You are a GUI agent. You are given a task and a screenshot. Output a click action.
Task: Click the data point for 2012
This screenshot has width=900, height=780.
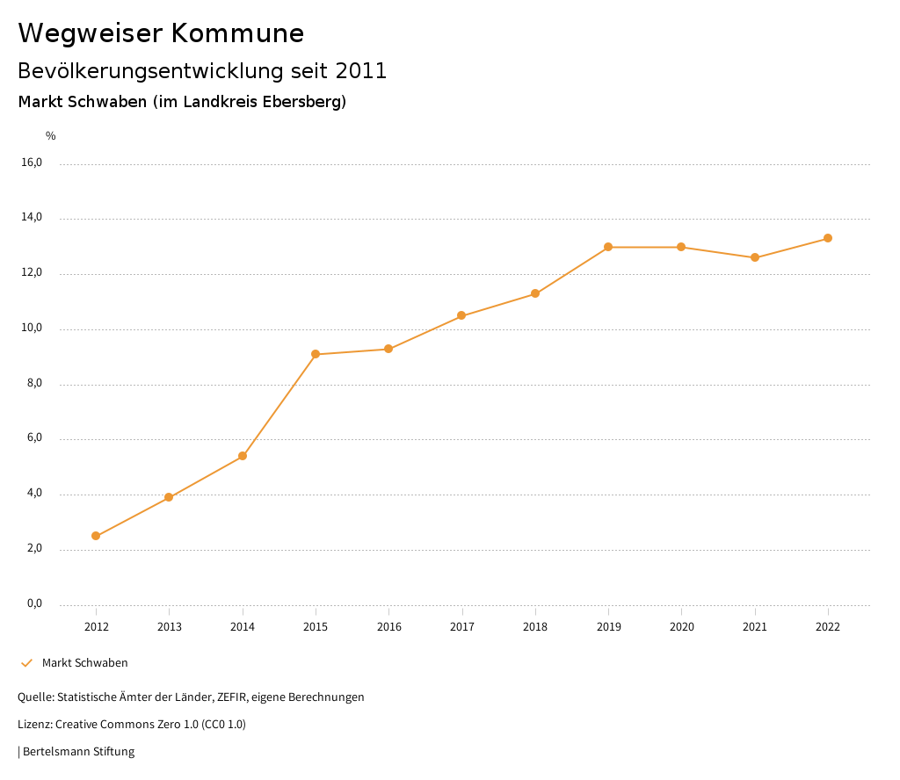point(96,536)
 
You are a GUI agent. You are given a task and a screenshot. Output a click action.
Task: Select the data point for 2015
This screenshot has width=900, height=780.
point(316,354)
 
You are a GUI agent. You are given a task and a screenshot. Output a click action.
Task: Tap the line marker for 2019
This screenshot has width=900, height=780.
point(608,247)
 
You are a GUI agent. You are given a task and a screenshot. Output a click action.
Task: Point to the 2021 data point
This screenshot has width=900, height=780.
point(755,257)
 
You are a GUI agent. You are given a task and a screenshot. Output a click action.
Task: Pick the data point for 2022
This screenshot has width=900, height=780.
point(828,238)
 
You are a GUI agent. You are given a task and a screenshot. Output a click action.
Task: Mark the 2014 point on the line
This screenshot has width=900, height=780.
point(243,456)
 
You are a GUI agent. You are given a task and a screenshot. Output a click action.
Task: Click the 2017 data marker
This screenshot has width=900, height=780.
point(461,315)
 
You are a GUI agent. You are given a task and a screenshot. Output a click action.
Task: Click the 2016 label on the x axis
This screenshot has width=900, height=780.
point(388,627)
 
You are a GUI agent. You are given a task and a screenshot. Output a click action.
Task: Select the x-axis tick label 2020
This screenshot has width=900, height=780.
point(681,627)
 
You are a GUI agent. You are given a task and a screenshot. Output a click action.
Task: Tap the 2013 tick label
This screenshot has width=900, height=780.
point(169,627)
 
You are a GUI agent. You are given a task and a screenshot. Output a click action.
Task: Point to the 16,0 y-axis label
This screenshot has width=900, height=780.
point(32,162)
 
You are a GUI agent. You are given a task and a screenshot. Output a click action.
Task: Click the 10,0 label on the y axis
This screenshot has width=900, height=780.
point(32,329)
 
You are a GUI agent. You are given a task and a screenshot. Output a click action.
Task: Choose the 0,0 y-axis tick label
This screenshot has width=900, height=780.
point(34,603)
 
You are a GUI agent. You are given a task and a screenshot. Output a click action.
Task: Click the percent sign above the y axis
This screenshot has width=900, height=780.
point(51,136)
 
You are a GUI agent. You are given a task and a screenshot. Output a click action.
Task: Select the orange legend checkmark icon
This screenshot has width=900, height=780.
point(26,663)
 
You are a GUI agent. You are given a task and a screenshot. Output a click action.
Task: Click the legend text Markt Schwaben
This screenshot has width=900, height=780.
point(85,663)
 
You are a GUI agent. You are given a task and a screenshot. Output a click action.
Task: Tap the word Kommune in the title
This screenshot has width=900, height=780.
point(237,33)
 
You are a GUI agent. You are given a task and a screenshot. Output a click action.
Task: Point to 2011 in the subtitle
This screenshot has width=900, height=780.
point(361,71)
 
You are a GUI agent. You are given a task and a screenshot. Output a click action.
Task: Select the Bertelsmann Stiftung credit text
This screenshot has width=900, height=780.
point(78,752)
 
